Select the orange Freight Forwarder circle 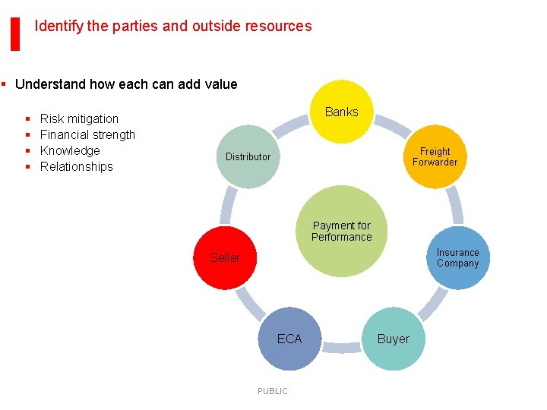[435, 156]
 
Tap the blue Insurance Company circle [457, 258]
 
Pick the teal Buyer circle [393, 339]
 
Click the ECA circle [289, 339]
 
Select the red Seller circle [226, 258]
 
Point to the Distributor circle [248, 156]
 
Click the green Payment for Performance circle [341, 231]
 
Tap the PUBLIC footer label [272, 391]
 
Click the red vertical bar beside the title [14, 33]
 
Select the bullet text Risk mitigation [79, 118]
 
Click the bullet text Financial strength [87, 134]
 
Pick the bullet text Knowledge [70, 150]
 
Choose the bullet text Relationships [76, 166]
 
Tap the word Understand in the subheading [49, 84]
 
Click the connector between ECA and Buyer [341, 348]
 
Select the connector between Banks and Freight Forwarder [392, 125]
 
